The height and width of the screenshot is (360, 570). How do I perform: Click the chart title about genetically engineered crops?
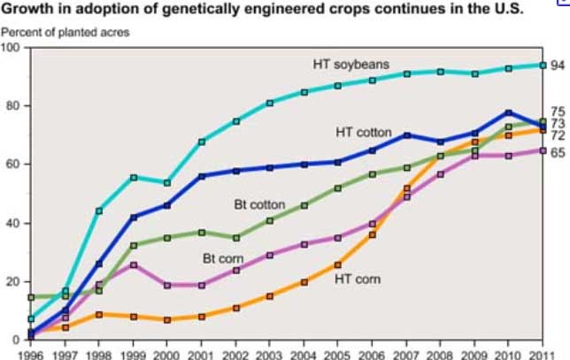[262, 11]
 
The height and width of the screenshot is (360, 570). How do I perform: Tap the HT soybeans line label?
[351, 65]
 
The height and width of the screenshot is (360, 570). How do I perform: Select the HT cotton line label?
[363, 133]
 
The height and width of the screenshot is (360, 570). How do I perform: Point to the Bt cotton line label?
[259, 204]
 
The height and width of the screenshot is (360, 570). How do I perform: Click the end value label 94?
[558, 65]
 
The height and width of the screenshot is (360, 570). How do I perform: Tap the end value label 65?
[558, 152]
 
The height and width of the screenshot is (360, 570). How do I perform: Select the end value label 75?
[558, 111]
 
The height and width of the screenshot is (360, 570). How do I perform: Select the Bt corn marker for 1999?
[134, 264]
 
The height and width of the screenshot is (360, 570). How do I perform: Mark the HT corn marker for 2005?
[337, 264]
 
